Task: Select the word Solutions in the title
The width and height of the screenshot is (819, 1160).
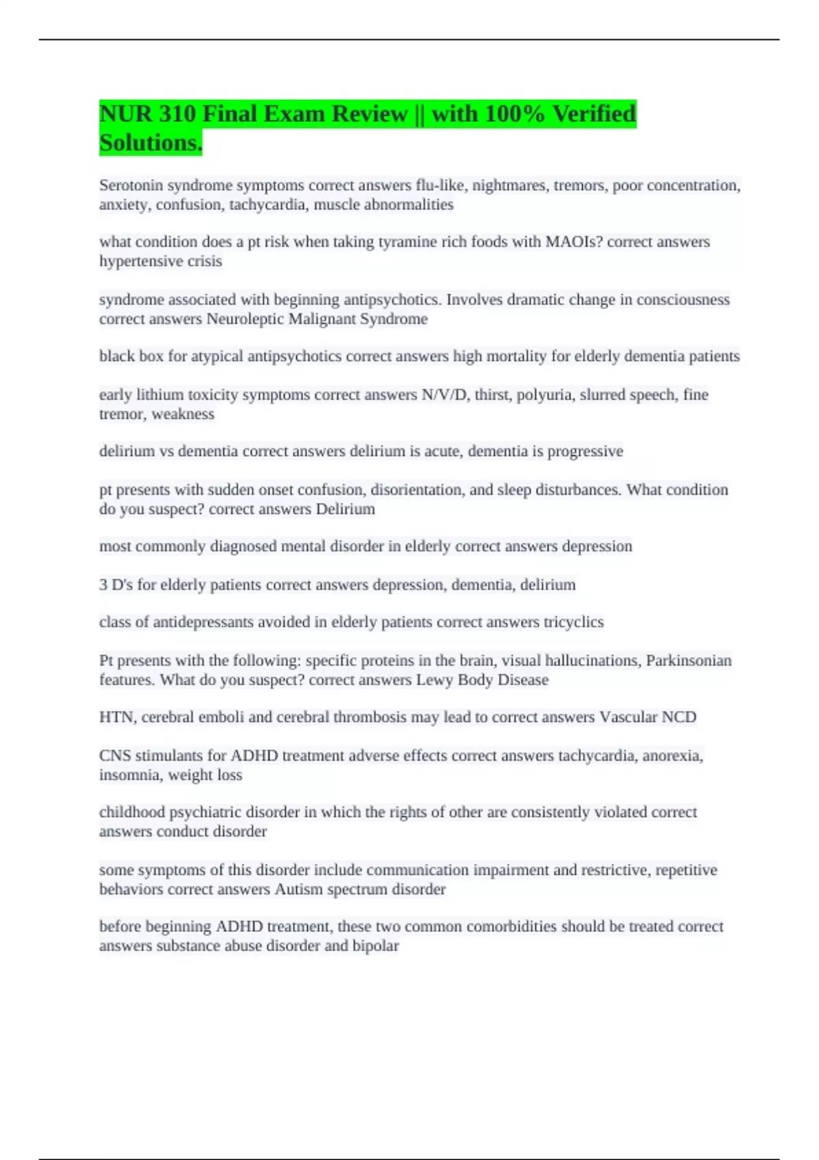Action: coord(150,143)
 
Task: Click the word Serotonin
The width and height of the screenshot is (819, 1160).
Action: coord(131,186)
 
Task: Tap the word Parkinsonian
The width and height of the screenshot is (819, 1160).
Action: coord(689,661)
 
